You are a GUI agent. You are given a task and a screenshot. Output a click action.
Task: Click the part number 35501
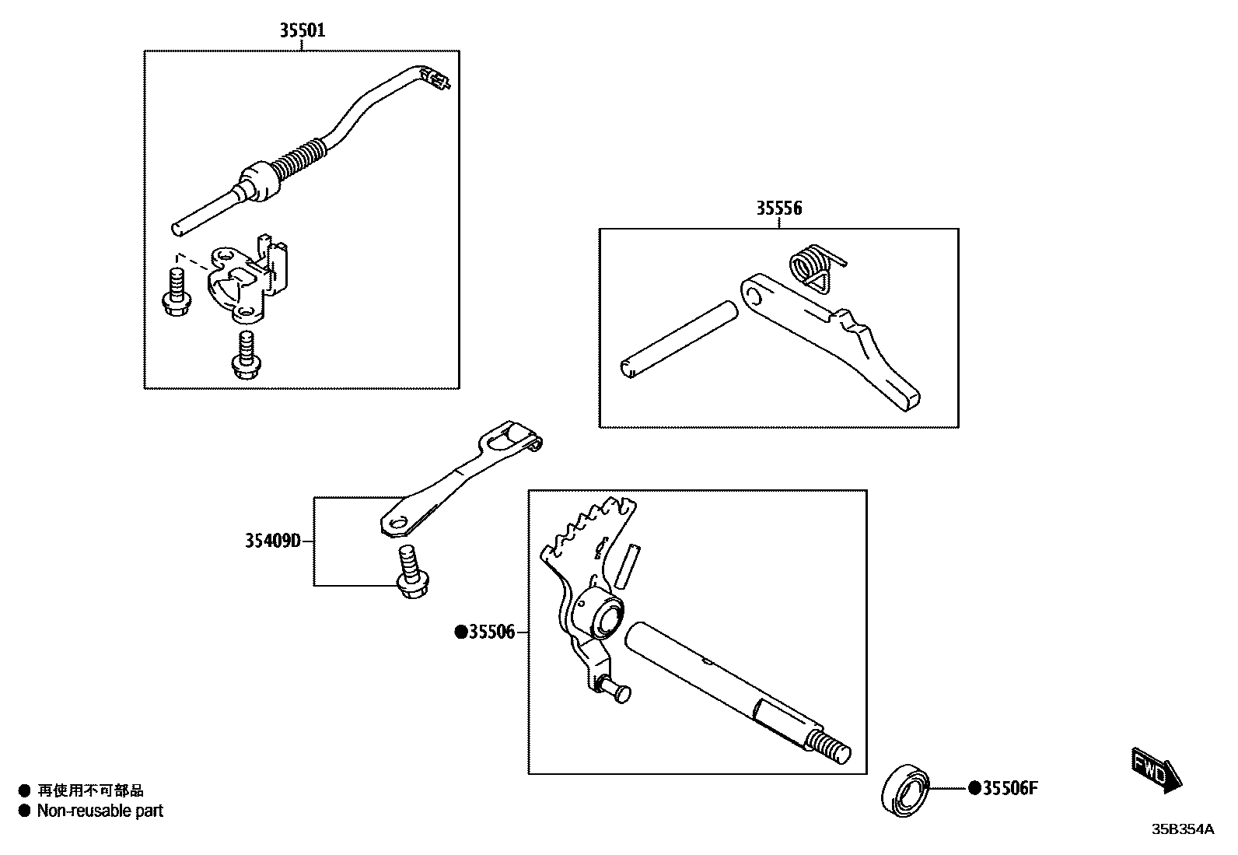303,31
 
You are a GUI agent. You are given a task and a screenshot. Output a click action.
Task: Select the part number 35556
778,208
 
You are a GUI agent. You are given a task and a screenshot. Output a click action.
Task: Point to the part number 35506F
1010,788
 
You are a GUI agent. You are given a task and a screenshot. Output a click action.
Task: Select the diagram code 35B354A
1182,829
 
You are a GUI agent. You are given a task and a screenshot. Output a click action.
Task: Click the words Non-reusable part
100,811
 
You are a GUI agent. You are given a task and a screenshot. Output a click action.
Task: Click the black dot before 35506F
975,788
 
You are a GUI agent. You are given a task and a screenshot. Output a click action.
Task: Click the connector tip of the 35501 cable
435,78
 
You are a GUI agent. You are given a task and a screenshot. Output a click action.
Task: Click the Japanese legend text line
90,790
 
